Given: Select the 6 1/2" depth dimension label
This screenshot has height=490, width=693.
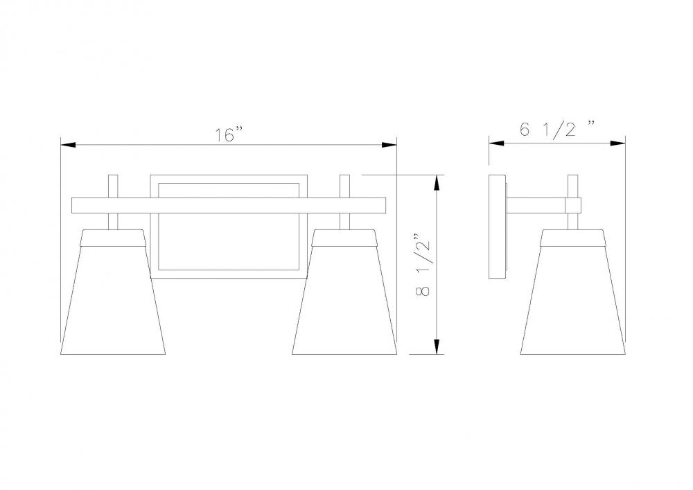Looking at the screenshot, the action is [557, 130].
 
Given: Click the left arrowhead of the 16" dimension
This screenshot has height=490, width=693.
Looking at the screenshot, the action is [69, 144].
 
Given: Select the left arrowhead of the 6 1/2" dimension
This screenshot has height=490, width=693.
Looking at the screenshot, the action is [497, 143].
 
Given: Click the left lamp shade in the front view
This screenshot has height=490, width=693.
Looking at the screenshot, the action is [113, 292].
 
